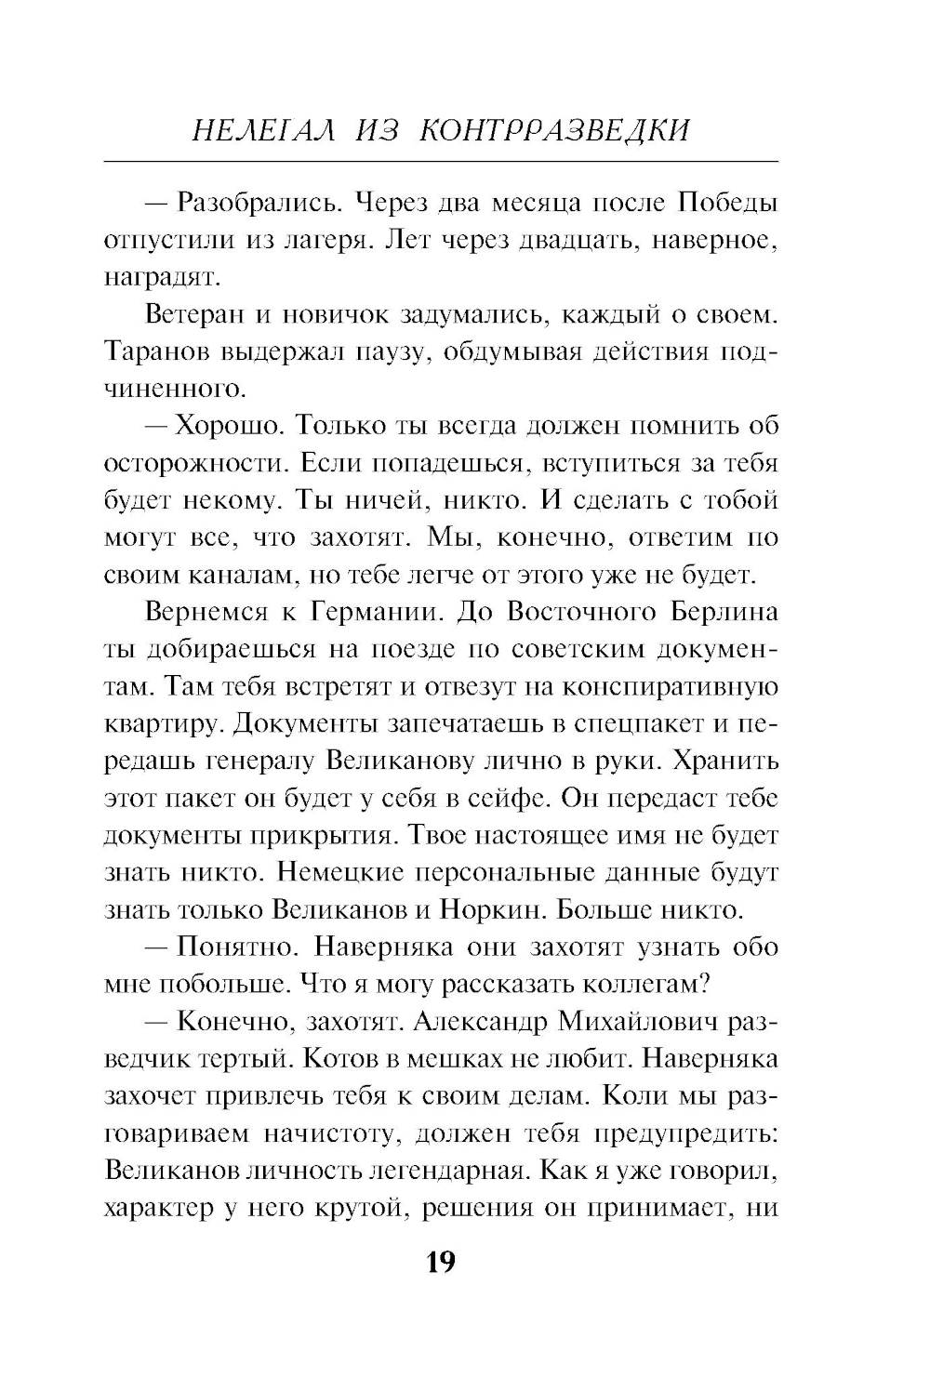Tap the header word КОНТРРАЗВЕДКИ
(555, 130)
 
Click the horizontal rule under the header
(441, 163)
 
